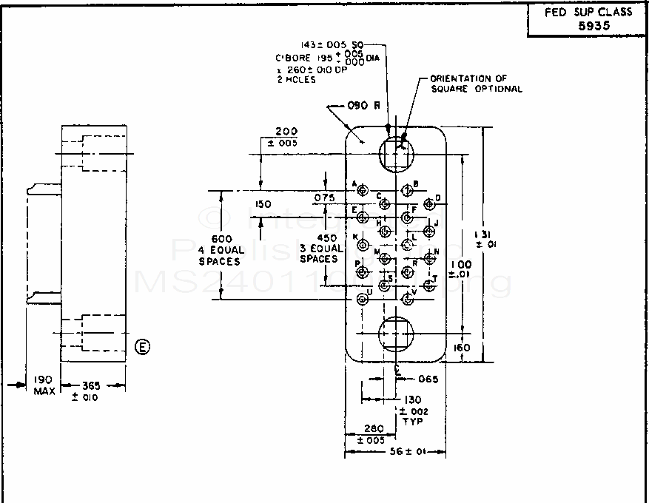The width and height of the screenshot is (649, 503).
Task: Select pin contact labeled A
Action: pos(363,191)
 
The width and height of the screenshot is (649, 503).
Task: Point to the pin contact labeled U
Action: pos(362,299)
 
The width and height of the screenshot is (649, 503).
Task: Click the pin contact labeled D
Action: pos(428,204)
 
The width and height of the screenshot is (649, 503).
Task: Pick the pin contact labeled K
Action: pos(362,245)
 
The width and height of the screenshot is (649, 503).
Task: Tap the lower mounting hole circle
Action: pos(396,334)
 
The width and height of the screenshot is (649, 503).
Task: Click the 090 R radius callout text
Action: pos(363,105)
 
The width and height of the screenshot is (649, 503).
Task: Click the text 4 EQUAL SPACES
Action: pos(223,256)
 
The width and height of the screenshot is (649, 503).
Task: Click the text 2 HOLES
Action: pos(295,80)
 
